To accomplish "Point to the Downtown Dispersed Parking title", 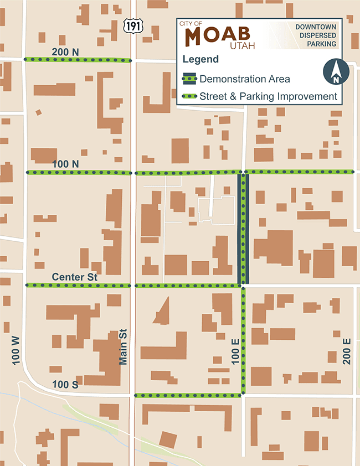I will [x=315, y=35].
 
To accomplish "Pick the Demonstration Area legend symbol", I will [x=189, y=79].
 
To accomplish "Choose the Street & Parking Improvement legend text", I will [x=269, y=96].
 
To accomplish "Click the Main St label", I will [x=124, y=347].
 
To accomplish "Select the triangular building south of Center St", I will [x=163, y=312].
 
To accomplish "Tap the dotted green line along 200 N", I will [x=78, y=60].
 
